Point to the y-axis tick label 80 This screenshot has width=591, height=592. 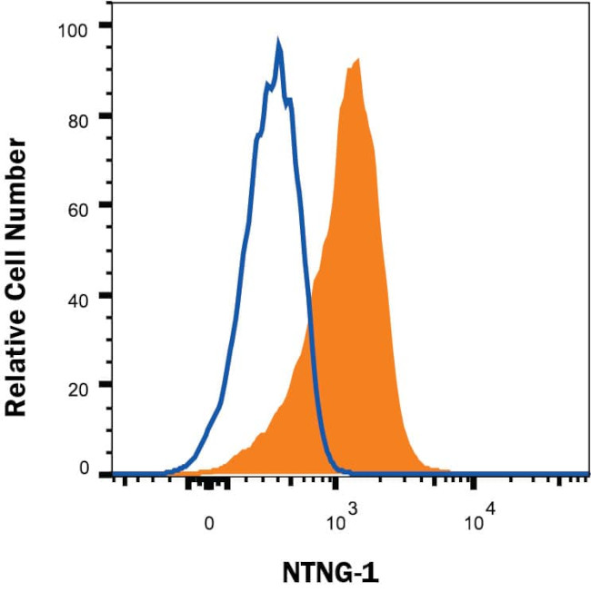(79, 116)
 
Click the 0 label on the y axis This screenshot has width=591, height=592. (84, 469)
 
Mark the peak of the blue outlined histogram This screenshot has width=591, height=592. (278, 43)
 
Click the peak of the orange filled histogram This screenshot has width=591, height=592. (358, 60)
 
